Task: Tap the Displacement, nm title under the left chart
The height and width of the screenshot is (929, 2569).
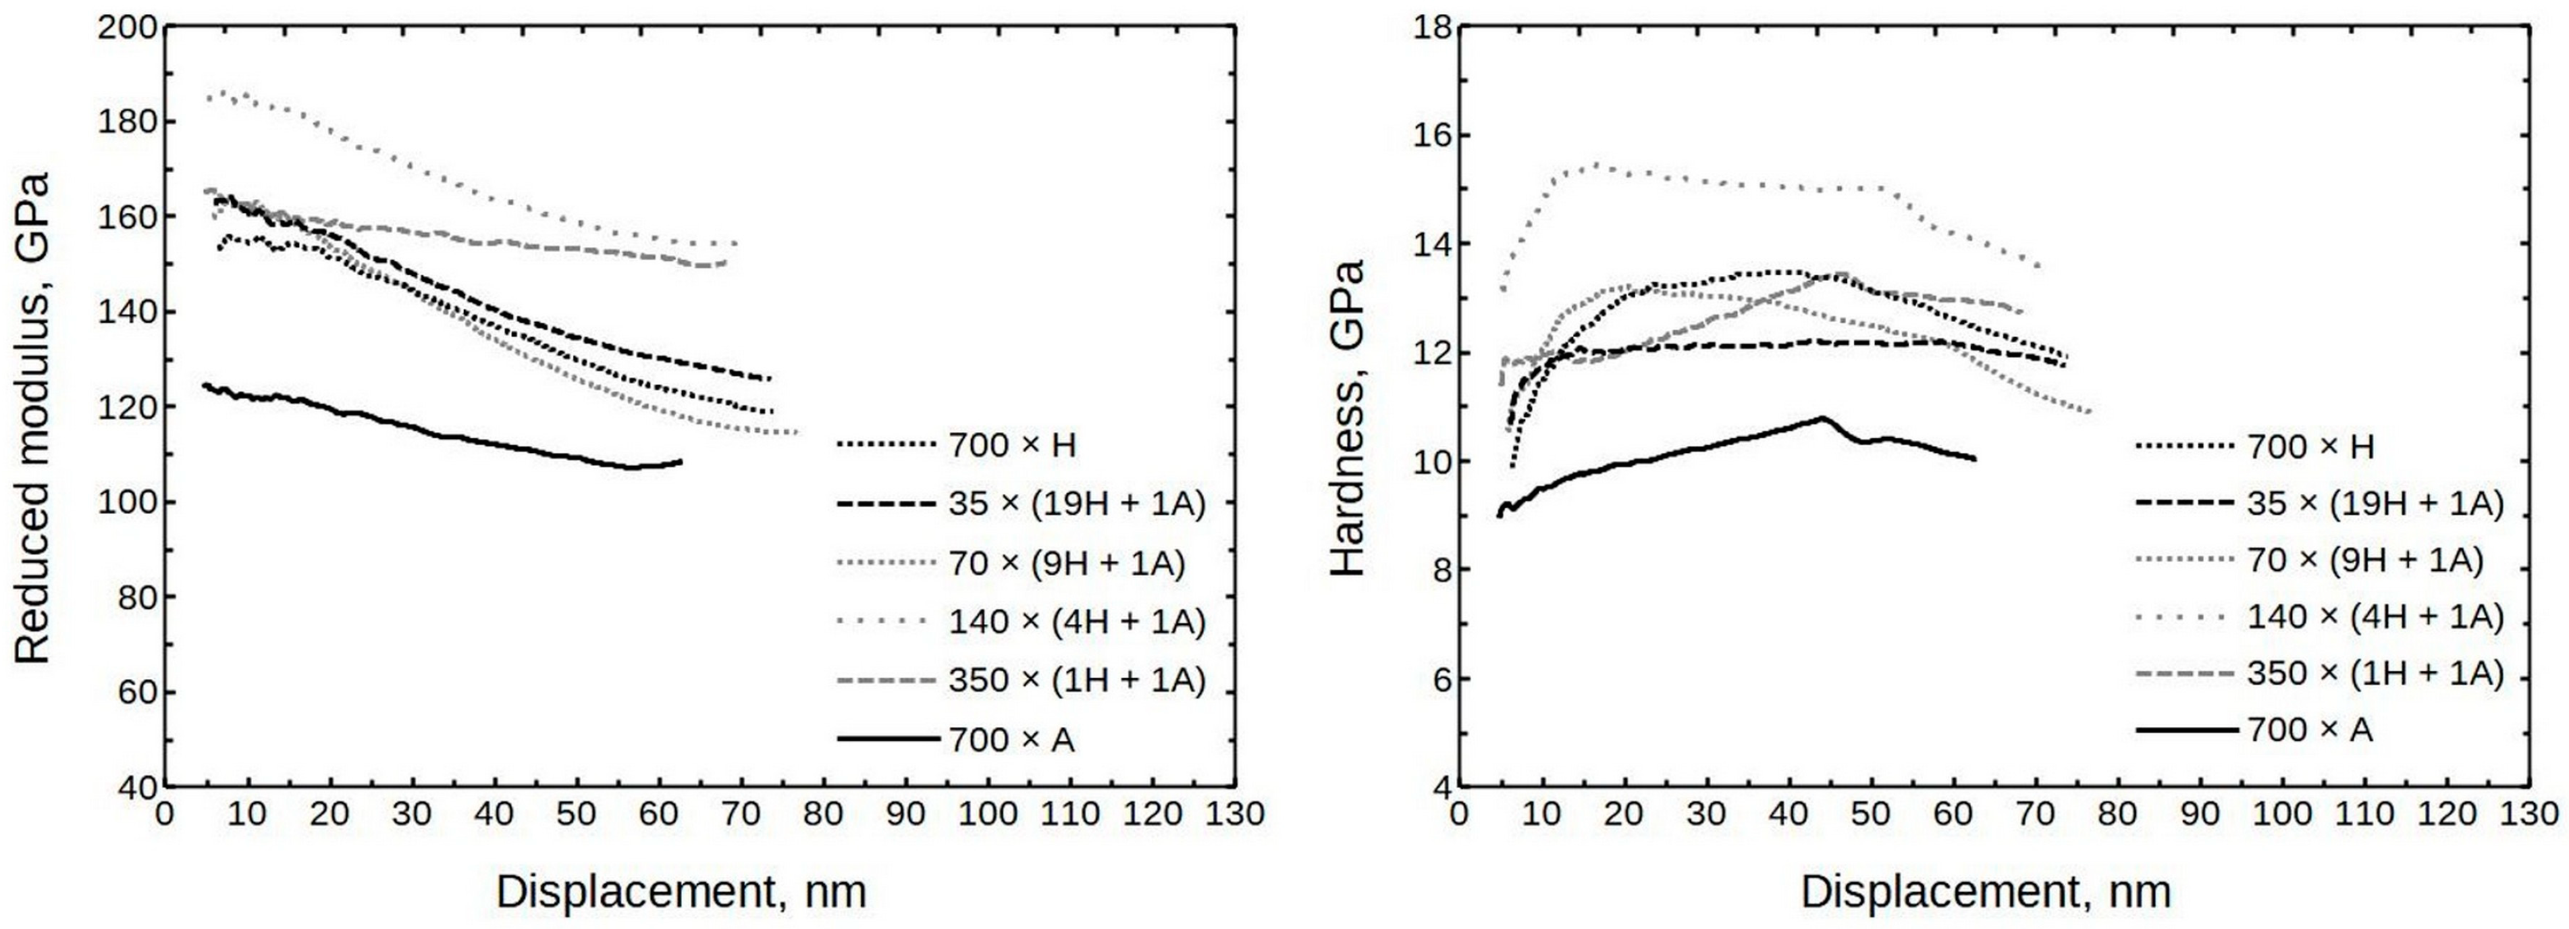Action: [x=681, y=891]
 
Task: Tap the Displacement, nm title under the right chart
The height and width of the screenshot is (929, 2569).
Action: [x=1986, y=891]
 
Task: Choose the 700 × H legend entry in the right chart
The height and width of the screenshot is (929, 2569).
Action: [x=2310, y=446]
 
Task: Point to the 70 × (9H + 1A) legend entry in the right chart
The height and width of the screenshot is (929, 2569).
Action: [x=2364, y=560]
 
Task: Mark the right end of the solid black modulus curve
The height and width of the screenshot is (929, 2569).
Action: [x=682, y=462]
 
